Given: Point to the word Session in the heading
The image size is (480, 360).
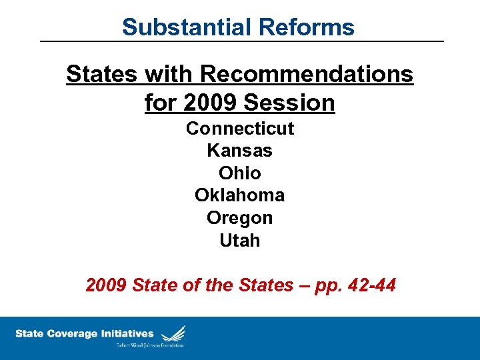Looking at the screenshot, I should (289, 103).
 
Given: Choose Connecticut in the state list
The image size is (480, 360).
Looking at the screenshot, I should (240, 128).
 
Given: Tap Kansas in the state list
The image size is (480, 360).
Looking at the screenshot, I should (240, 151).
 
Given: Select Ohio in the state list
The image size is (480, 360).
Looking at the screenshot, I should (240, 173).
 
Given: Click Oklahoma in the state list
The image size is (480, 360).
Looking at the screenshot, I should (240, 195).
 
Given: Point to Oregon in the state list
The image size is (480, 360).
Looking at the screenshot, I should (240, 218).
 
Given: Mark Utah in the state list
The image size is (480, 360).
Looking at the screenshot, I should (240, 240).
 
